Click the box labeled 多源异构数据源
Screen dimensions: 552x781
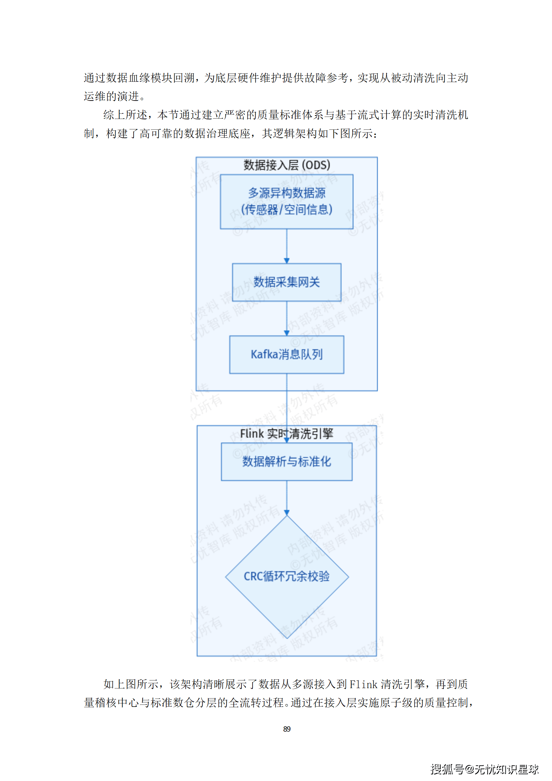tap(287, 201)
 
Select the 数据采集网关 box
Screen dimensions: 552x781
tap(287, 282)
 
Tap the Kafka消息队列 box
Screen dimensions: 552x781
tap(287, 354)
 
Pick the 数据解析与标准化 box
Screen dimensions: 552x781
tap(287, 462)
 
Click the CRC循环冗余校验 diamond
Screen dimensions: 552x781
tap(287, 576)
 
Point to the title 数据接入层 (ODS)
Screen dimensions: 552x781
tap(287, 165)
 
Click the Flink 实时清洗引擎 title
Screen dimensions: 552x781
tap(287, 434)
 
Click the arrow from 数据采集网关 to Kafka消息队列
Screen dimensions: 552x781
tap(287, 318)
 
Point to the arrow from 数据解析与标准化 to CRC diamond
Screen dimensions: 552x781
tap(287, 497)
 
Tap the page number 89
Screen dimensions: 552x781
tap(287, 729)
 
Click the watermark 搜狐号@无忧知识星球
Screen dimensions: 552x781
tap(485, 769)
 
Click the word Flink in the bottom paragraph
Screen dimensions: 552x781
tap(363, 684)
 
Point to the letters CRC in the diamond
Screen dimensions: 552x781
tap(253, 576)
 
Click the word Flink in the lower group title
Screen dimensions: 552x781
tap(252, 434)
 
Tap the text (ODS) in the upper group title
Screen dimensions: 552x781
tap(316, 165)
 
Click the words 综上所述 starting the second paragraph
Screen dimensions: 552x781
tap(125, 115)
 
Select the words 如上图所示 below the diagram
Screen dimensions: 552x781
tap(131, 684)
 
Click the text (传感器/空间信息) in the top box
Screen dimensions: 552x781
tap(287, 210)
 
